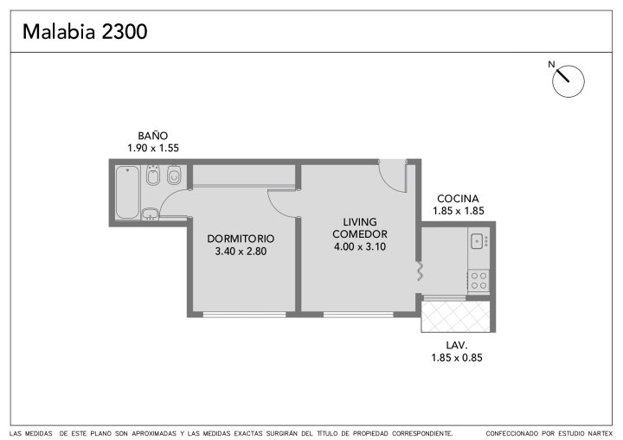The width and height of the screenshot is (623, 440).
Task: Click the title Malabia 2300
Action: click(x=85, y=31)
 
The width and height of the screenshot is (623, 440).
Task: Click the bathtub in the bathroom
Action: click(x=127, y=192)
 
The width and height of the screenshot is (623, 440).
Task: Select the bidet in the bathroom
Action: click(x=153, y=175)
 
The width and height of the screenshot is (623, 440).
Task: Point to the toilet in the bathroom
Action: click(x=174, y=175)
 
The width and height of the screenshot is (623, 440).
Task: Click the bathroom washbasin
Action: click(x=151, y=214)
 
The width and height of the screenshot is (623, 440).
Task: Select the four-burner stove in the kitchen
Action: click(x=478, y=280)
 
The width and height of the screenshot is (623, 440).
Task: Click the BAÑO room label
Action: click(x=153, y=136)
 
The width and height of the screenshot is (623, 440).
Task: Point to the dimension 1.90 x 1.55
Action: click(x=153, y=148)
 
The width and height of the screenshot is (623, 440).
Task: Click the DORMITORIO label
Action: click(x=241, y=239)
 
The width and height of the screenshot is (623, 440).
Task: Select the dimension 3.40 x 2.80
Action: click(x=241, y=252)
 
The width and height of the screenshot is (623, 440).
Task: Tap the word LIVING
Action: click(x=360, y=221)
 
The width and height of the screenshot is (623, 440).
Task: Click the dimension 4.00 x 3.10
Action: click(x=360, y=246)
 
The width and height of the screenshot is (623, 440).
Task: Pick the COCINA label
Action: click(x=458, y=199)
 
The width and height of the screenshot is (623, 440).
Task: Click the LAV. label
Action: click(x=457, y=345)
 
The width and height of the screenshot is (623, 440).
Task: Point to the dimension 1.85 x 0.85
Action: click(x=457, y=358)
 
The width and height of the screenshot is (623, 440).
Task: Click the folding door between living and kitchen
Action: click(x=420, y=271)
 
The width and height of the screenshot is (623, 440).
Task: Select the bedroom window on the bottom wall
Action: click(x=244, y=315)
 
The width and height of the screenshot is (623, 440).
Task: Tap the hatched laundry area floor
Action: click(x=455, y=316)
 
